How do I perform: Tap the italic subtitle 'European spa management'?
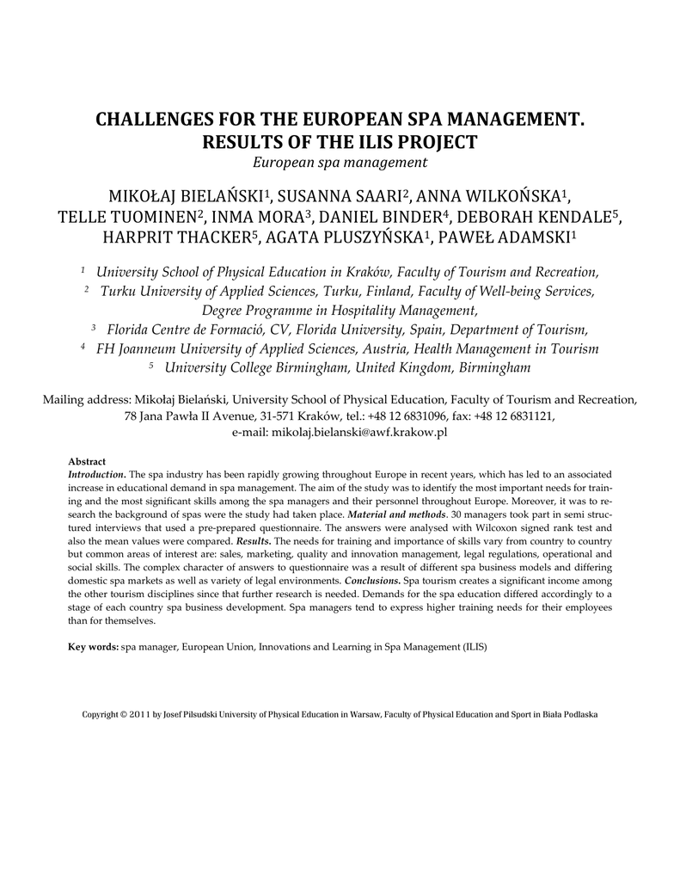pyautogui.click(x=340, y=162)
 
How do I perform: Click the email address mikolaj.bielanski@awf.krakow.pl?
pyautogui.click(x=360, y=433)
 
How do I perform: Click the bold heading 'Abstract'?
pyautogui.click(x=87, y=462)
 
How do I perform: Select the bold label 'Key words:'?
pyautogui.click(x=94, y=647)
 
